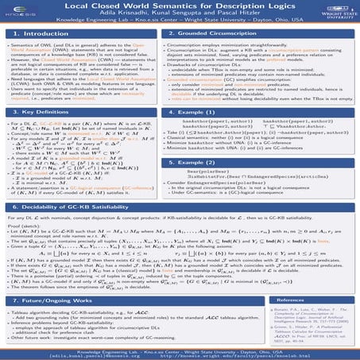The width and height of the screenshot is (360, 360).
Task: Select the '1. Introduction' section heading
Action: click(x=54, y=35)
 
